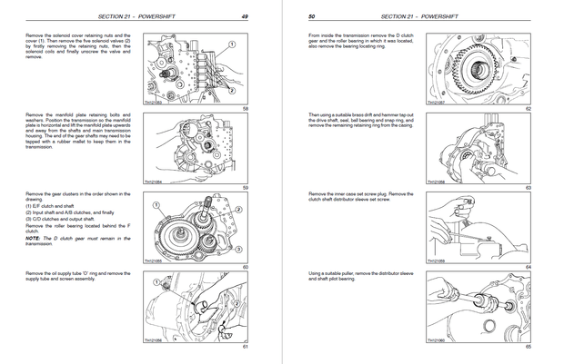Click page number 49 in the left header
tap(245, 15)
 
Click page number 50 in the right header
tap(312, 15)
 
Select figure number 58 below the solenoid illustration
tap(245, 108)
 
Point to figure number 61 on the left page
tap(245, 347)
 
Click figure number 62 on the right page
tap(528, 108)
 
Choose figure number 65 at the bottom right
tap(528, 347)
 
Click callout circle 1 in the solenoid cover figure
tap(233, 43)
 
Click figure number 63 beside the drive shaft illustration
tap(528, 187)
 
